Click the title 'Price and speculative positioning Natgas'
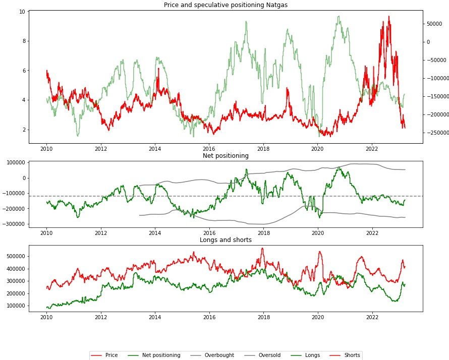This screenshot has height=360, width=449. click(x=225, y=5)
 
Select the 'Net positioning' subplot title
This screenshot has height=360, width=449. click(x=226, y=156)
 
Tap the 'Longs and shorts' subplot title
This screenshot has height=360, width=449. click(x=226, y=240)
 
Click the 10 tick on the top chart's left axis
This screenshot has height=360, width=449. click(x=22, y=12)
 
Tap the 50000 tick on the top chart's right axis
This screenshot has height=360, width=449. click(x=435, y=24)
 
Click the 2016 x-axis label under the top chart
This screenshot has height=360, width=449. click(x=209, y=149)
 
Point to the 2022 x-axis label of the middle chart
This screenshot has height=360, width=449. click(x=372, y=233)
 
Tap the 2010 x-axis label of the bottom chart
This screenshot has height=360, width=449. click(x=46, y=318)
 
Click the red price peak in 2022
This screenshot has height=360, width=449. click(x=388, y=16)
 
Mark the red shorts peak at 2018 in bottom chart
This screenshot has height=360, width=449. click(x=262, y=248)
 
